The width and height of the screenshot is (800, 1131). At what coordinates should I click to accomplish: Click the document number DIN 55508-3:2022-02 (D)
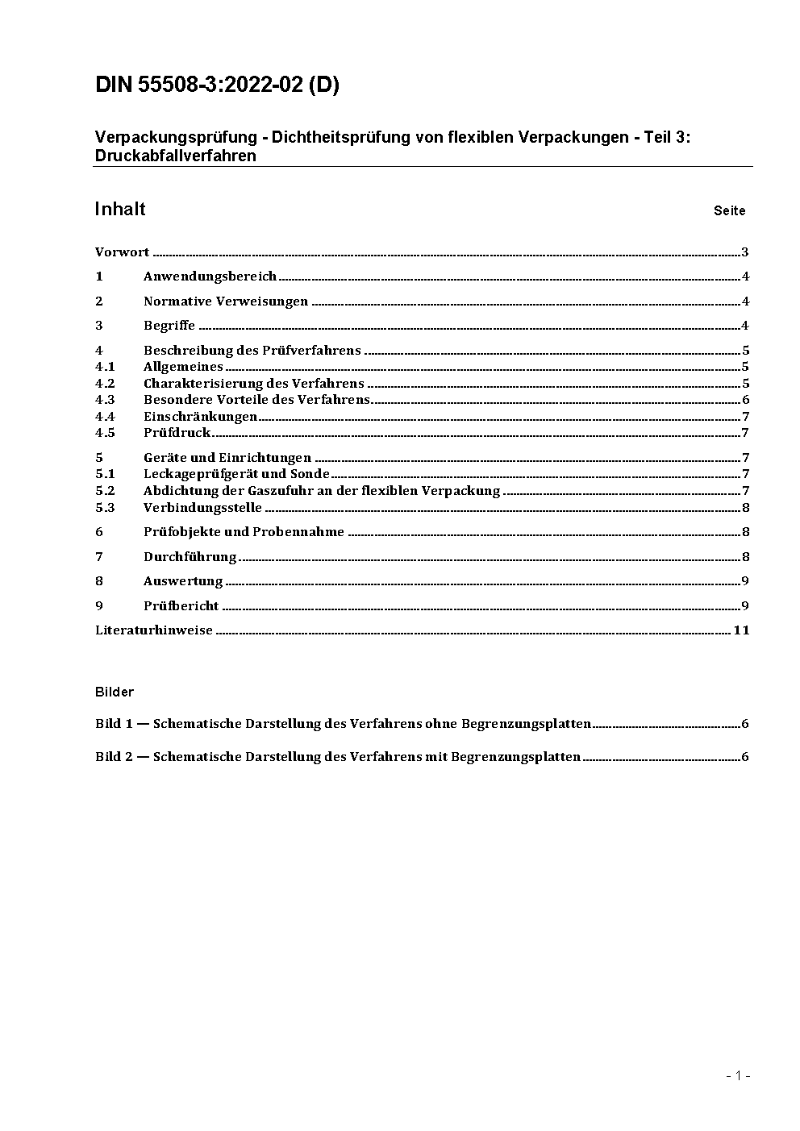coord(217,85)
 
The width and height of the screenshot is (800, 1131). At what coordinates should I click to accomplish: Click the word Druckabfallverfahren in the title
coord(175,156)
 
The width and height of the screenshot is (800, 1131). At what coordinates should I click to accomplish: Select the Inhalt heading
coord(120,210)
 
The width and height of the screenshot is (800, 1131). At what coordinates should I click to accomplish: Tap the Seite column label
coord(729,211)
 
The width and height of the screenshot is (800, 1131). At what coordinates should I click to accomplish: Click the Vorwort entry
coord(122,252)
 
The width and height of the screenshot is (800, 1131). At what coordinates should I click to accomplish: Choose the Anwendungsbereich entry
coord(210,277)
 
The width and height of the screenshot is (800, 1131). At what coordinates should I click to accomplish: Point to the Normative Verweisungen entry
coord(226,301)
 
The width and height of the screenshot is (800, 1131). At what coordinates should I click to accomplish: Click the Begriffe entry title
coord(169,326)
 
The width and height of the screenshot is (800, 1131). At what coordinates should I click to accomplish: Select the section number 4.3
coord(105,400)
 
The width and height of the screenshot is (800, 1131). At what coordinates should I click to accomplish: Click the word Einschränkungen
coord(200,417)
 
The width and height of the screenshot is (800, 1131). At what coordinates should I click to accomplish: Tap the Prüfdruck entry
coord(177,433)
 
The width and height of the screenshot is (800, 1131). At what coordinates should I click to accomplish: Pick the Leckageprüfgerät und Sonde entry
coord(236,474)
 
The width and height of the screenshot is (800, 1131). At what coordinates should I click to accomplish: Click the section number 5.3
coord(105,508)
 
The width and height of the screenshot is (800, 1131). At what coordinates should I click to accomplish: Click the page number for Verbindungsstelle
coord(745,508)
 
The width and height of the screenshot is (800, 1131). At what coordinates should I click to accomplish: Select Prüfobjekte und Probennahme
coord(244,532)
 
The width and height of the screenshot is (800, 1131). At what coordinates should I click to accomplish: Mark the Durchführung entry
coord(190,557)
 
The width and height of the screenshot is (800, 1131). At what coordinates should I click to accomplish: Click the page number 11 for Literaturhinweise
coord(741,630)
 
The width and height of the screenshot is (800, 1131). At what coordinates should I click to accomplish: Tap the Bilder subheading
coord(115,692)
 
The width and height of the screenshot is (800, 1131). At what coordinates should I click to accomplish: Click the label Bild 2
coord(114,757)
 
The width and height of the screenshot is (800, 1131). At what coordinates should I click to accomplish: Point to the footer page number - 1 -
coord(738,1075)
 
